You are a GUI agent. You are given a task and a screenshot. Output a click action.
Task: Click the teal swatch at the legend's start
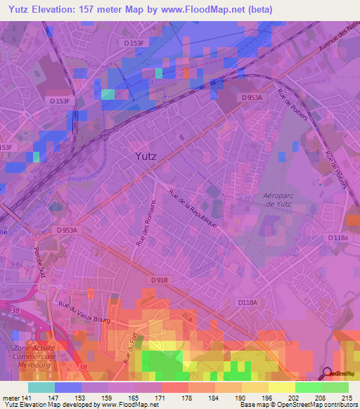tap(41, 387)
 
